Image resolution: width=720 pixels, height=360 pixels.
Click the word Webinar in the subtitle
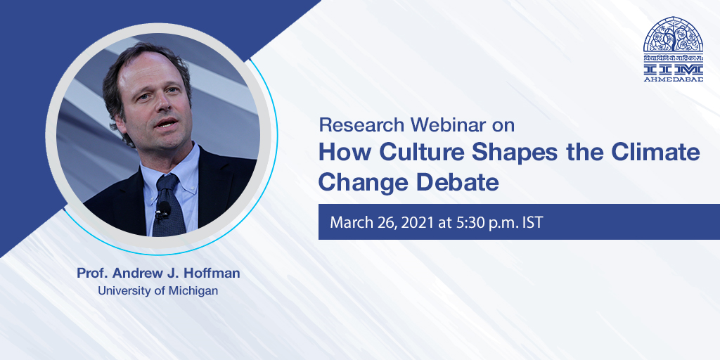click(x=449, y=125)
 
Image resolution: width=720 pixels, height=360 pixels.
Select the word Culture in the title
click(x=420, y=153)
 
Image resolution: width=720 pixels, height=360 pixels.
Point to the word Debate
click(x=458, y=182)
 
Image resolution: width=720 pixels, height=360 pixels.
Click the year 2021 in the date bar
click(x=418, y=223)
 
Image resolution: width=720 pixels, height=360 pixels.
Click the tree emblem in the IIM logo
click(x=673, y=35)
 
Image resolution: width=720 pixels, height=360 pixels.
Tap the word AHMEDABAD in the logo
click(x=674, y=79)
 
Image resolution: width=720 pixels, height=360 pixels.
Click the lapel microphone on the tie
click(x=163, y=210)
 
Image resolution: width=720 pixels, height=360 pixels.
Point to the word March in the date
click(x=349, y=223)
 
